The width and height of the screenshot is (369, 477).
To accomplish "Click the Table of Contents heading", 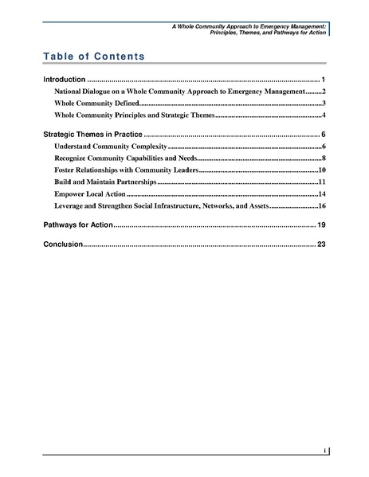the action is tap(93, 57).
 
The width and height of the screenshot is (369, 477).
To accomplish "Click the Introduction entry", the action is tap(63, 81).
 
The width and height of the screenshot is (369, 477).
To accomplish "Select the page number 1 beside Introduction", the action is tap(323, 81).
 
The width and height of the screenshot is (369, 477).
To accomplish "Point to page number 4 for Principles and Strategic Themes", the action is tap(324, 116).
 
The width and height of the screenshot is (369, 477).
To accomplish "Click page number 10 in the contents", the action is tap(322, 170).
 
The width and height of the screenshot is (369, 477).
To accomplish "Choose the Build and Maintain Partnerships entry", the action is tap(106, 182).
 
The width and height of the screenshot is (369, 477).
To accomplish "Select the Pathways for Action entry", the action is tap(77, 225).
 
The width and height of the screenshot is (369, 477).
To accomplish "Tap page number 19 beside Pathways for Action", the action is tap(321, 225).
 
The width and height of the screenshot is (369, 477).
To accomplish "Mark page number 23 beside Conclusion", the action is tap(321, 244).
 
